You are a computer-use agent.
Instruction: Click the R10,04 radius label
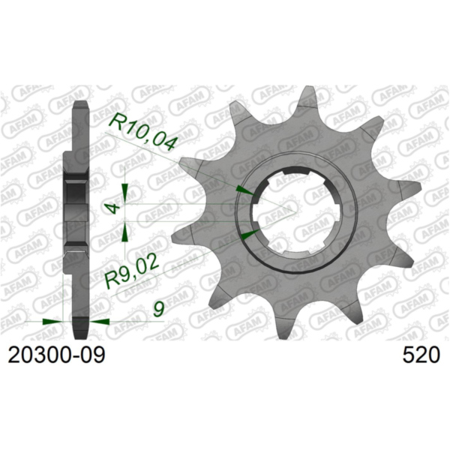(x=142, y=131)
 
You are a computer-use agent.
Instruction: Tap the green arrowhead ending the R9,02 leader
(x=247, y=235)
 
